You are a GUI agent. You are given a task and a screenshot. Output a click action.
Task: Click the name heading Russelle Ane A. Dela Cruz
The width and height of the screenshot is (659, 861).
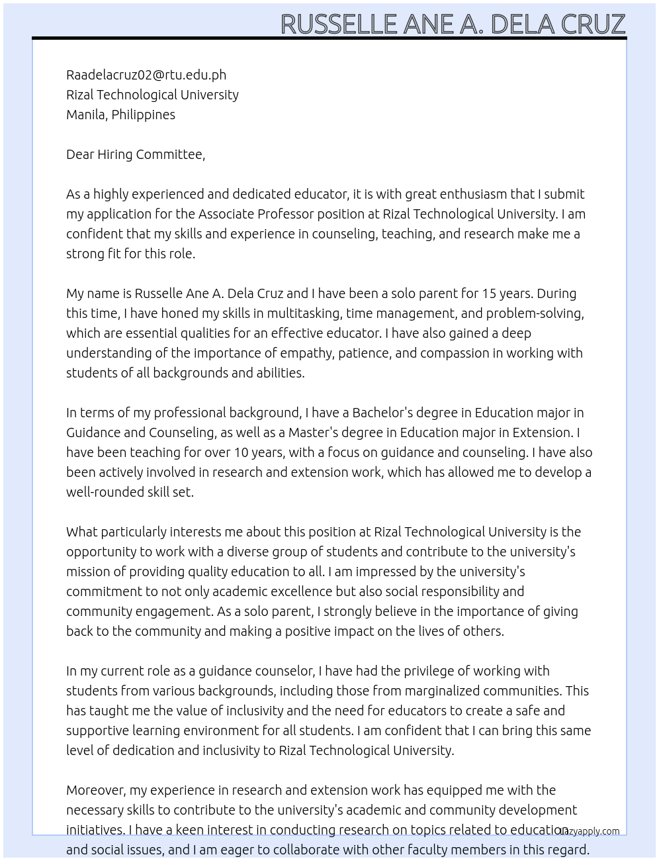(x=453, y=24)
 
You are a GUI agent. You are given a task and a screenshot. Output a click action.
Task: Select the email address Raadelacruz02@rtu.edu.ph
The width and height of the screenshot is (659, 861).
(x=146, y=75)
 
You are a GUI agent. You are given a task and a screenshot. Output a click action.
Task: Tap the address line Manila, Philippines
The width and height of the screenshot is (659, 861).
(x=120, y=115)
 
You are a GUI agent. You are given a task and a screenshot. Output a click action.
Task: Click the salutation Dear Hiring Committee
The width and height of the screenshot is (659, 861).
(x=136, y=154)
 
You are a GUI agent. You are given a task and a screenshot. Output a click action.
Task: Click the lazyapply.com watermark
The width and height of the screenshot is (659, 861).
(x=589, y=831)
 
